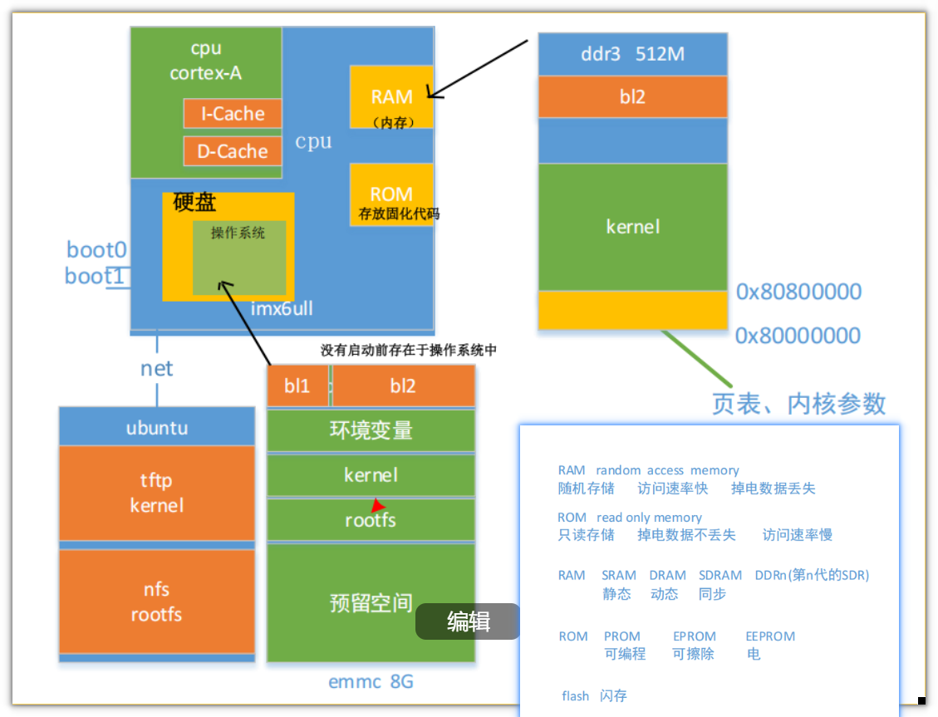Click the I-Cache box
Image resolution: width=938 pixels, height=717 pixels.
point(232,114)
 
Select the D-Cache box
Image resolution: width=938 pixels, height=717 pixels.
point(232,151)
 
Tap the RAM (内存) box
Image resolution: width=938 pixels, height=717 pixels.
point(391,96)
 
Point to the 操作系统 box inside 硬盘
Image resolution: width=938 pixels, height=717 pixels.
point(239,258)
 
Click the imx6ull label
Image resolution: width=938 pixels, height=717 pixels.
point(282,309)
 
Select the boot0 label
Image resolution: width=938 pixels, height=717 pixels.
point(96,249)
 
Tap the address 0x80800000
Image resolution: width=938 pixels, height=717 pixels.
point(798,292)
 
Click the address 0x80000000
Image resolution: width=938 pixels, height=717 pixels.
point(798,336)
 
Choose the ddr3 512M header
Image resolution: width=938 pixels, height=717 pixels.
point(632,54)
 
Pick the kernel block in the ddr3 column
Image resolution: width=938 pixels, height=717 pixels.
point(632,227)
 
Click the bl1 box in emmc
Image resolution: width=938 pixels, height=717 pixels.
point(297,386)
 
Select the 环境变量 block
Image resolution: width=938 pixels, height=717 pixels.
point(371,430)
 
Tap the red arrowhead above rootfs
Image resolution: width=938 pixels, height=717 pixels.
point(377,505)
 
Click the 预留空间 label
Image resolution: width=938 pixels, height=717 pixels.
point(371,602)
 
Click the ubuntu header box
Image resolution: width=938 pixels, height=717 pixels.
point(156,428)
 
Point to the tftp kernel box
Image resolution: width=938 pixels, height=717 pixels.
point(156,493)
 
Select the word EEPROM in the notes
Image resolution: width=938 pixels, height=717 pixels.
point(770,636)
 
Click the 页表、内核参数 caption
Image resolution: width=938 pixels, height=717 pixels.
point(798,403)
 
